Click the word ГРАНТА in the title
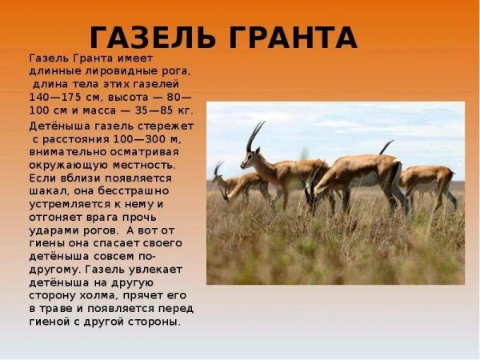288,38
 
